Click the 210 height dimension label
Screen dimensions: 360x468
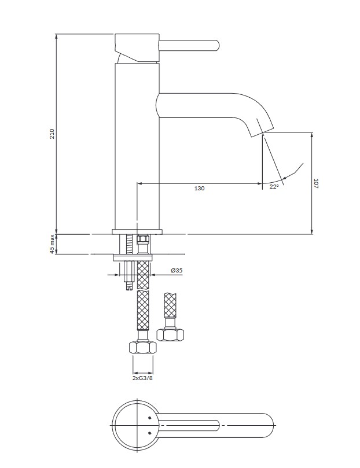(x=52, y=134)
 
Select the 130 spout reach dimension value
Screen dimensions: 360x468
(x=200, y=189)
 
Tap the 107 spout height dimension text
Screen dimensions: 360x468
(x=316, y=183)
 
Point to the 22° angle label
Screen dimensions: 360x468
(x=274, y=186)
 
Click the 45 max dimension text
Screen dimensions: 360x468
(x=52, y=244)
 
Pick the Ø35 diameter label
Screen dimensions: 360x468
(x=177, y=271)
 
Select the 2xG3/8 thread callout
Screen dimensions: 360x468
(x=142, y=378)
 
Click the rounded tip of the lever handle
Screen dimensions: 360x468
(x=216, y=46)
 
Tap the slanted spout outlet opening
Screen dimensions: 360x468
(x=262, y=132)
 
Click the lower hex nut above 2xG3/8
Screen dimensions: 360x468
(x=143, y=348)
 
